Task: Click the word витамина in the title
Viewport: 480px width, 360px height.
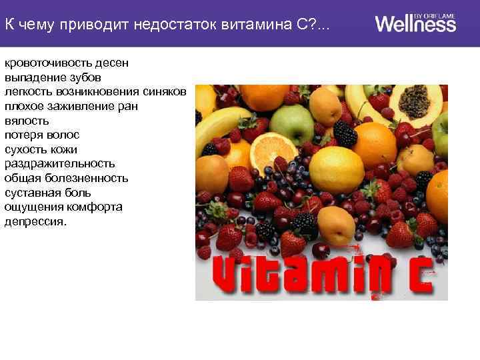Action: pyautogui.click(x=263, y=25)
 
